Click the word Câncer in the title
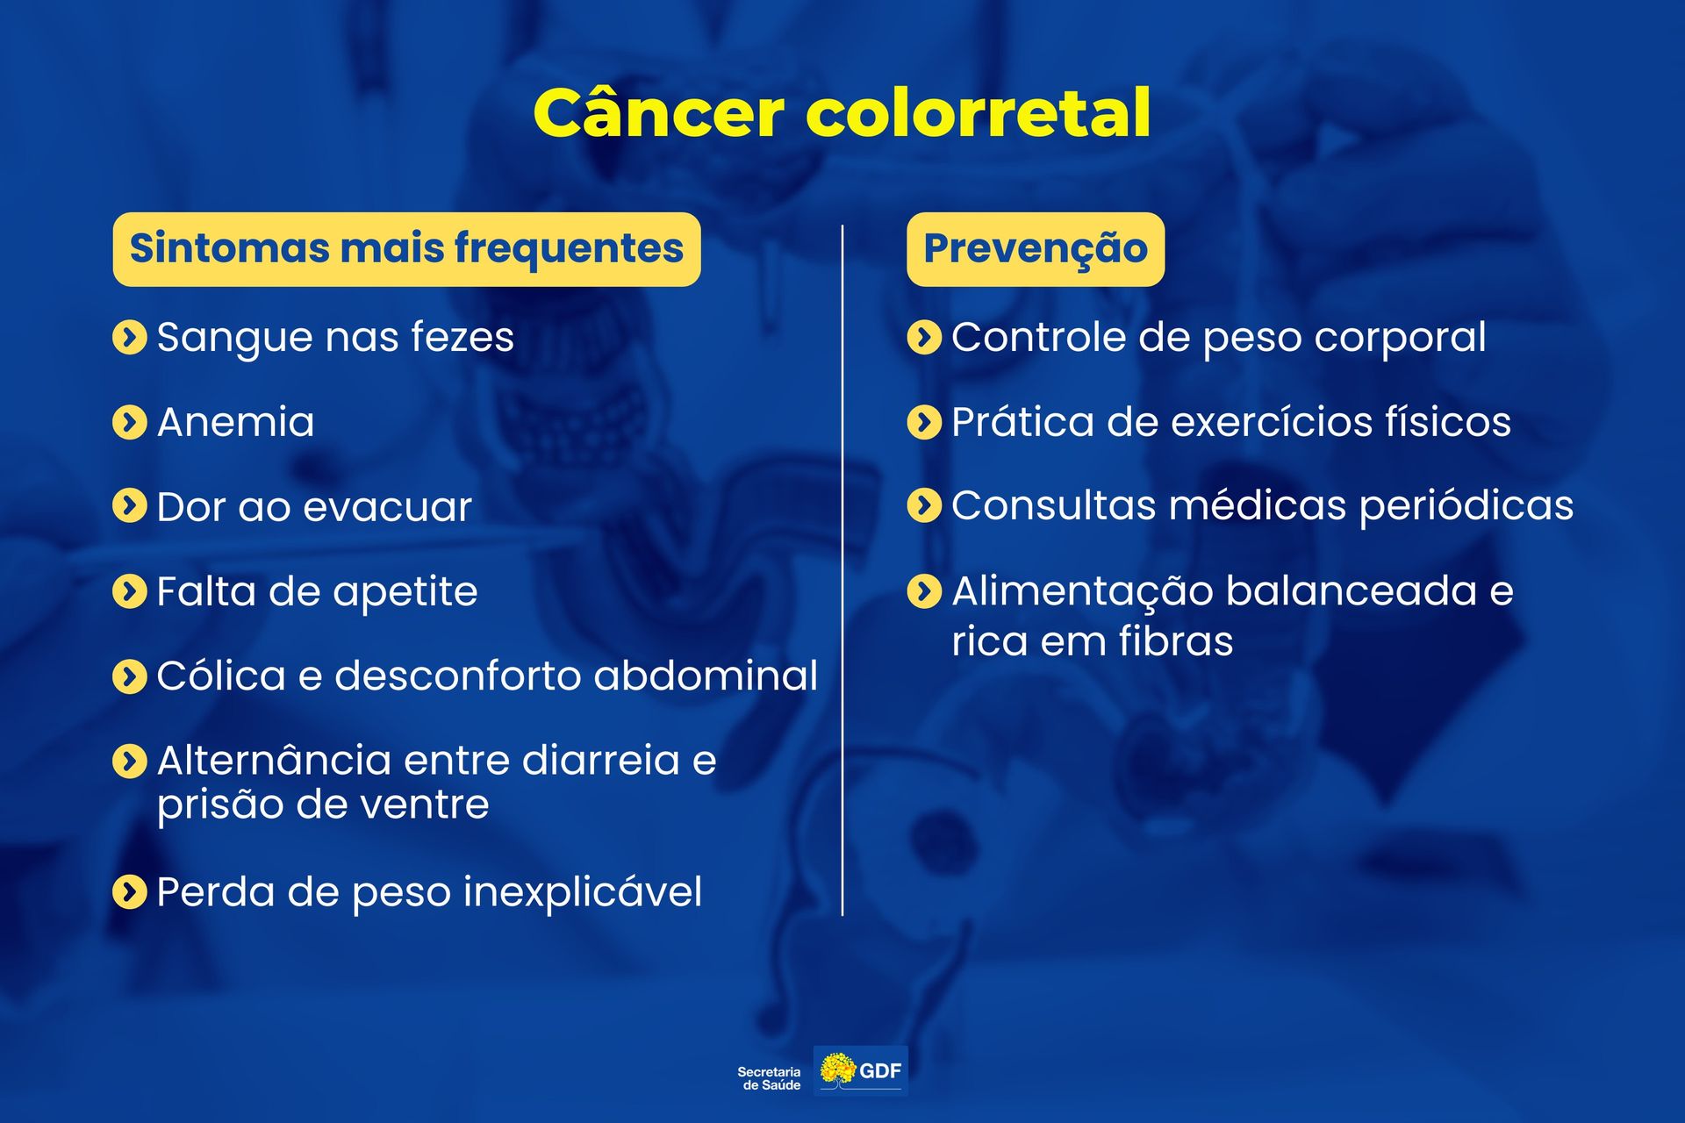[658, 114]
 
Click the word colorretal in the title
[978, 114]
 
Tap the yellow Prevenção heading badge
[1036, 249]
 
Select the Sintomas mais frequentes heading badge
[406, 249]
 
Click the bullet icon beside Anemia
[130, 422]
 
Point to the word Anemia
[235, 422]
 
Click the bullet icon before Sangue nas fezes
[130, 337]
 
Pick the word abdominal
[706, 676]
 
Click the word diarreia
[601, 761]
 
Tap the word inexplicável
[583, 892]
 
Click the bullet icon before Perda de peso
[130, 892]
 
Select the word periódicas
[1466, 506]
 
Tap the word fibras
[1175, 641]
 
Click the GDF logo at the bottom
[861, 1070]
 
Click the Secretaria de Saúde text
[769, 1078]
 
